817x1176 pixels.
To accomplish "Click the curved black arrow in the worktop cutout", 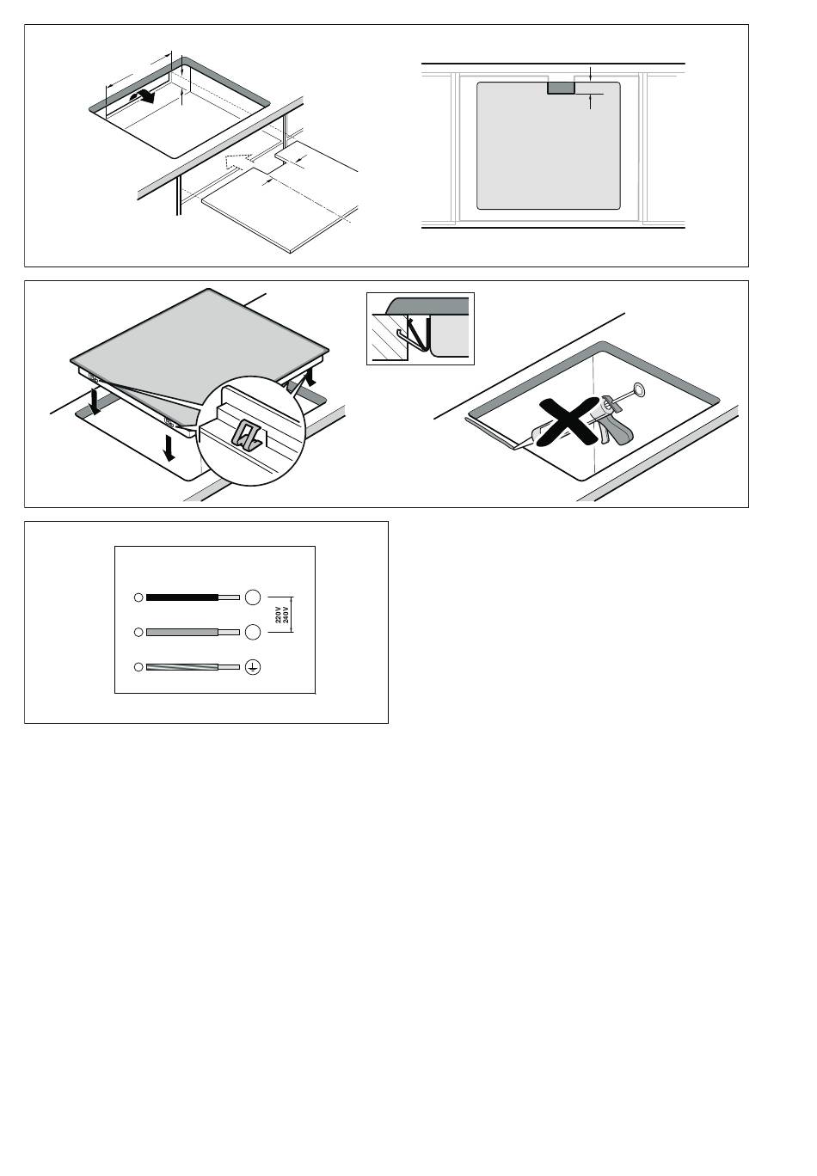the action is click(143, 95).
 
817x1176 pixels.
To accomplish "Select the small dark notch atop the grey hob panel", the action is click(561, 88).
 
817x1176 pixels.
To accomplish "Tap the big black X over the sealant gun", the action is click(568, 420).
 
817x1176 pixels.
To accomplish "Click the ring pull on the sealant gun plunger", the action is click(638, 390).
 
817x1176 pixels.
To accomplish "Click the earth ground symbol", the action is click(253, 667).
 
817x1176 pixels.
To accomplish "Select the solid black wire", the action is click(181, 597).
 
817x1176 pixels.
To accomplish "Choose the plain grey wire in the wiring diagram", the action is click(181, 632).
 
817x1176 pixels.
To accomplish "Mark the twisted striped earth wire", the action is click(181, 667).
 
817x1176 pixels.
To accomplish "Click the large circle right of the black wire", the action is click(253, 597).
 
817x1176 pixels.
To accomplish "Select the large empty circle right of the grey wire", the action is click(253, 632).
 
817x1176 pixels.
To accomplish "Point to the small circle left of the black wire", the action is click(138, 597).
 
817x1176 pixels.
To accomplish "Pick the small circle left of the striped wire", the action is click(138, 667).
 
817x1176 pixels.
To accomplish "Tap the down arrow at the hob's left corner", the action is click(95, 401).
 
